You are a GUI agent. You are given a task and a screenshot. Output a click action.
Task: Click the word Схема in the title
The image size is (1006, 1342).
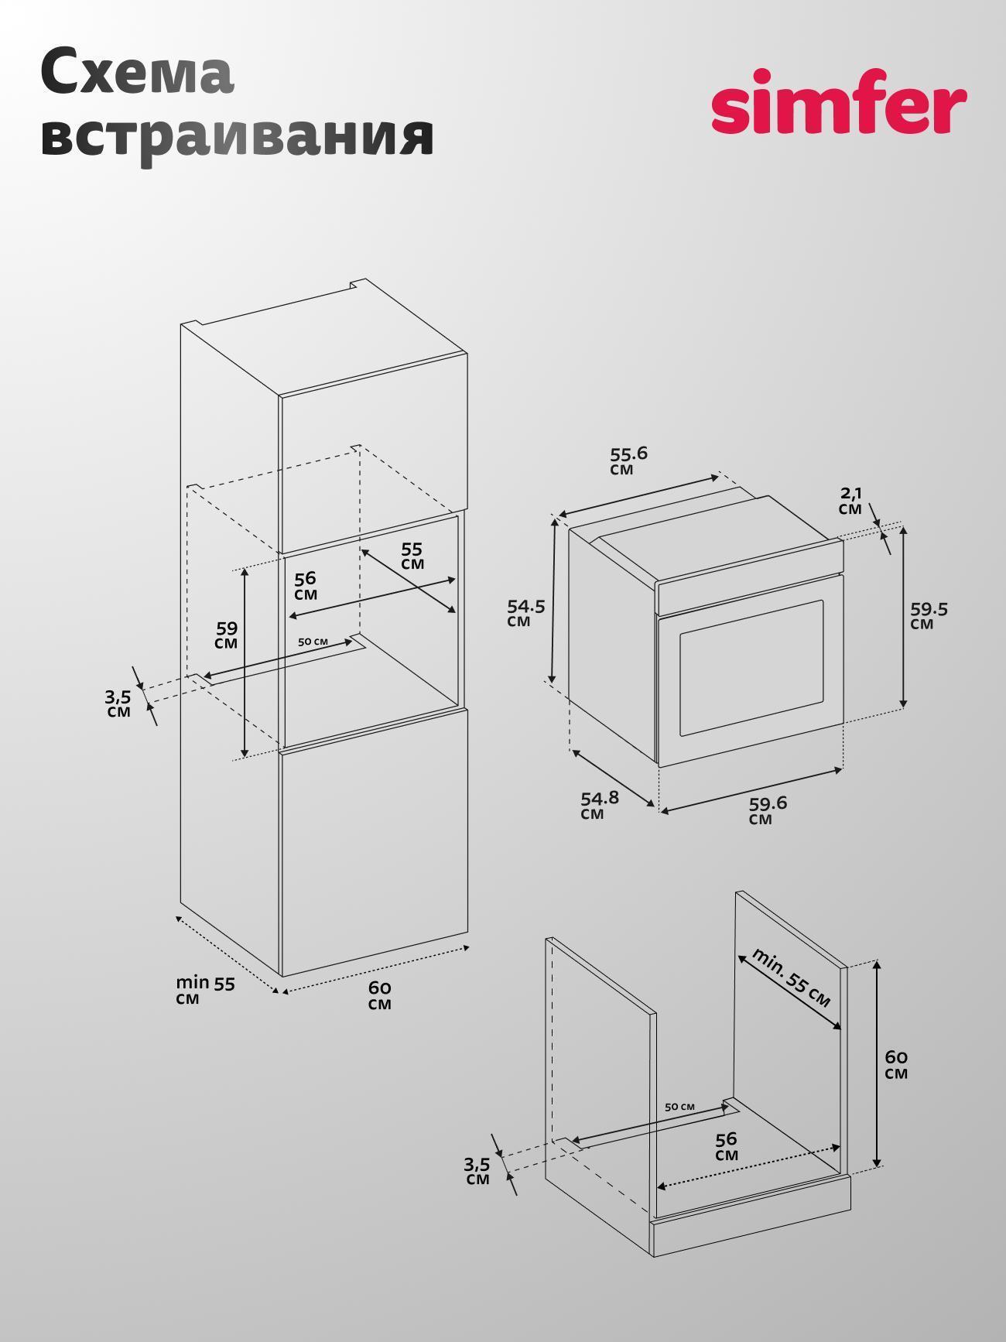click(x=137, y=72)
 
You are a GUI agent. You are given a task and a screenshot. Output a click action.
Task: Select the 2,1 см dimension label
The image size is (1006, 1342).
click(x=850, y=501)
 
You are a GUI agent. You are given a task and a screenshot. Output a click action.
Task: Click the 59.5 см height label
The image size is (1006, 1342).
click(x=929, y=616)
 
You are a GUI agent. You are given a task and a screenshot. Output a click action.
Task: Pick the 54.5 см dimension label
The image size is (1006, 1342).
click(x=526, y=613)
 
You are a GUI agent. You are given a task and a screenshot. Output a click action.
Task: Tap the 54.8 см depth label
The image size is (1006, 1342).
click(x=600, y=805)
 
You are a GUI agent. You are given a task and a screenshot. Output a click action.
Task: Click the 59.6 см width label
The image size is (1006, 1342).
click(x=768, y=810)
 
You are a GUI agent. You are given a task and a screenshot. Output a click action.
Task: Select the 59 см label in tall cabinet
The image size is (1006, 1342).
click(x=227, y=635)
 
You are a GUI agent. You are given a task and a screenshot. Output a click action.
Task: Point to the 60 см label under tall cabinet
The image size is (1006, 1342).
click(x=380, y=995)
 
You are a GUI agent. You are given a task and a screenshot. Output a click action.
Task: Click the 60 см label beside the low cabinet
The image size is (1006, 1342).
click(x=896, y=1064)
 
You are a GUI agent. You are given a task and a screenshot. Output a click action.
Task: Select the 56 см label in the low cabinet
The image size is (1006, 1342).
click(x=727, y=1146)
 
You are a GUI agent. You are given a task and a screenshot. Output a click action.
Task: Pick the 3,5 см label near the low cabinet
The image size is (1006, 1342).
click(x=477, y=1171)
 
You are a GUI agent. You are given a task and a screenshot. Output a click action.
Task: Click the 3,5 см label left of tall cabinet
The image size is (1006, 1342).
click(x=118, y=704)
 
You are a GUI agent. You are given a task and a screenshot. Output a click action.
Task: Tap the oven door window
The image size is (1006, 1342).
click(x=751, y=668)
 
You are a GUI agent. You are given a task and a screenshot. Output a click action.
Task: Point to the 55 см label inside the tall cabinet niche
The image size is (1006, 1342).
click(x=412, y=556)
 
